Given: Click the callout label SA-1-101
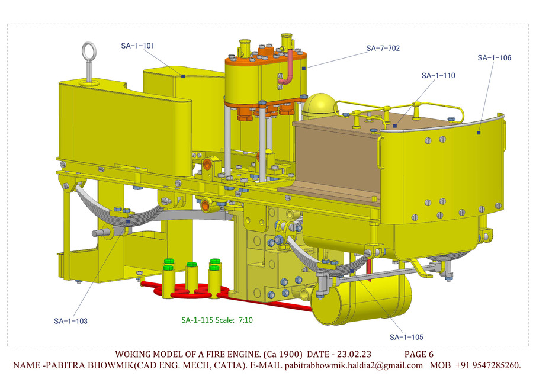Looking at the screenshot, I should [137, 46].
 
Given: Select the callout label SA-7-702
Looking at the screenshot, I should [383, 48].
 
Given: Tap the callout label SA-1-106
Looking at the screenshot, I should [494, 58].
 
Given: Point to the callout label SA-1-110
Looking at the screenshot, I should [438, 76].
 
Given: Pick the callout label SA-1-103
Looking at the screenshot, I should [70, 321].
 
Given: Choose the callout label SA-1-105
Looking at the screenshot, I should [406, 337].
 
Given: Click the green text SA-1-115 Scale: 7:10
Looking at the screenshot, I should [217, 320].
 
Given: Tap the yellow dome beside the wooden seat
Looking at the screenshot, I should [319, 106].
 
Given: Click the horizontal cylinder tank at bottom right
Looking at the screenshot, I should [361, 299].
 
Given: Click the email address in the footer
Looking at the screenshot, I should [354, 365].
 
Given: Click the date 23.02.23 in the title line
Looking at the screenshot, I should [350, 354].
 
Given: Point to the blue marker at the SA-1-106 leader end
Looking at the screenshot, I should [479, 133].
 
